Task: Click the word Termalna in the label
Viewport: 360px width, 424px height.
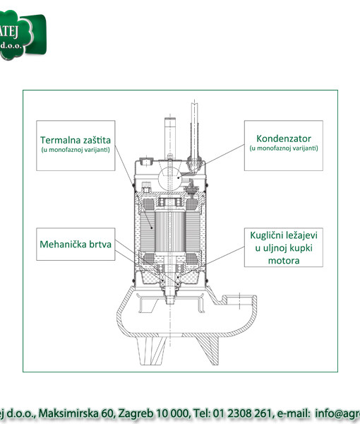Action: pyautogui.click(x=59, y=139)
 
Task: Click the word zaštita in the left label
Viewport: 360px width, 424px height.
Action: pyautogui.click(x=97, y=139)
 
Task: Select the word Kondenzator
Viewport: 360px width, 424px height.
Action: pyautogui.click(x=284, y=139)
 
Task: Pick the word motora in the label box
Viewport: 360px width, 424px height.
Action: pyautogui.click(x=284, y=261)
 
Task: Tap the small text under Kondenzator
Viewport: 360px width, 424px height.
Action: pyautogui.click(x=284, y=148)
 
